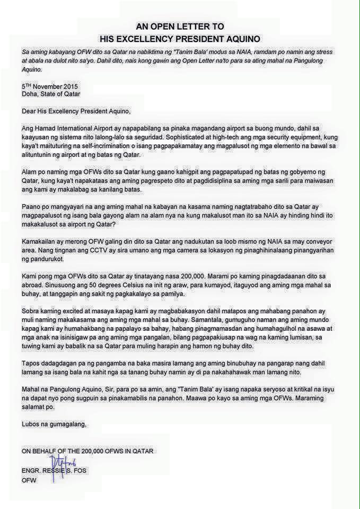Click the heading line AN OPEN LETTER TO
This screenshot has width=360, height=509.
pyautogui.click(x=180, y=27)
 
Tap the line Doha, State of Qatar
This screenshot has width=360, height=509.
pyautogui.click(x=51, y=94)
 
